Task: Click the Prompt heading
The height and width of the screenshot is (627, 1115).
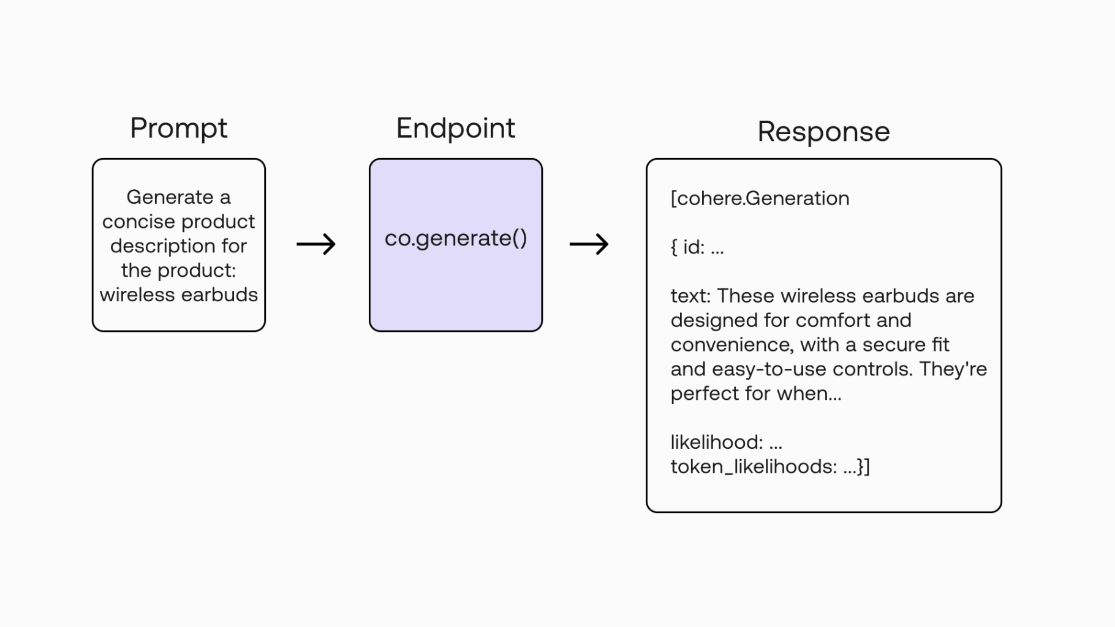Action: [178, 129]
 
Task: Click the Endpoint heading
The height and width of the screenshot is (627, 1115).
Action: [455, 129]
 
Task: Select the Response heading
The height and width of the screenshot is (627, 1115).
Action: [823, 132]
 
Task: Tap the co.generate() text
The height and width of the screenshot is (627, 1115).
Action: [455, 238]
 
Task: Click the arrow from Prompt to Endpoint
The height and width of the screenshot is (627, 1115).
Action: [316, 244]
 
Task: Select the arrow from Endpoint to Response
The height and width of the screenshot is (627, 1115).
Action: [589, 244]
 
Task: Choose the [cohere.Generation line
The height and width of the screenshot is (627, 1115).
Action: [760, 198]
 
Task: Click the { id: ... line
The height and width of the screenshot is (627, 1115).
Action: [697, 247]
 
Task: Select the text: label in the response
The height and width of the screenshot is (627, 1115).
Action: [690, 296]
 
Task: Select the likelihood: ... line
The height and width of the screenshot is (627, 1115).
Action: [726, 442]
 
